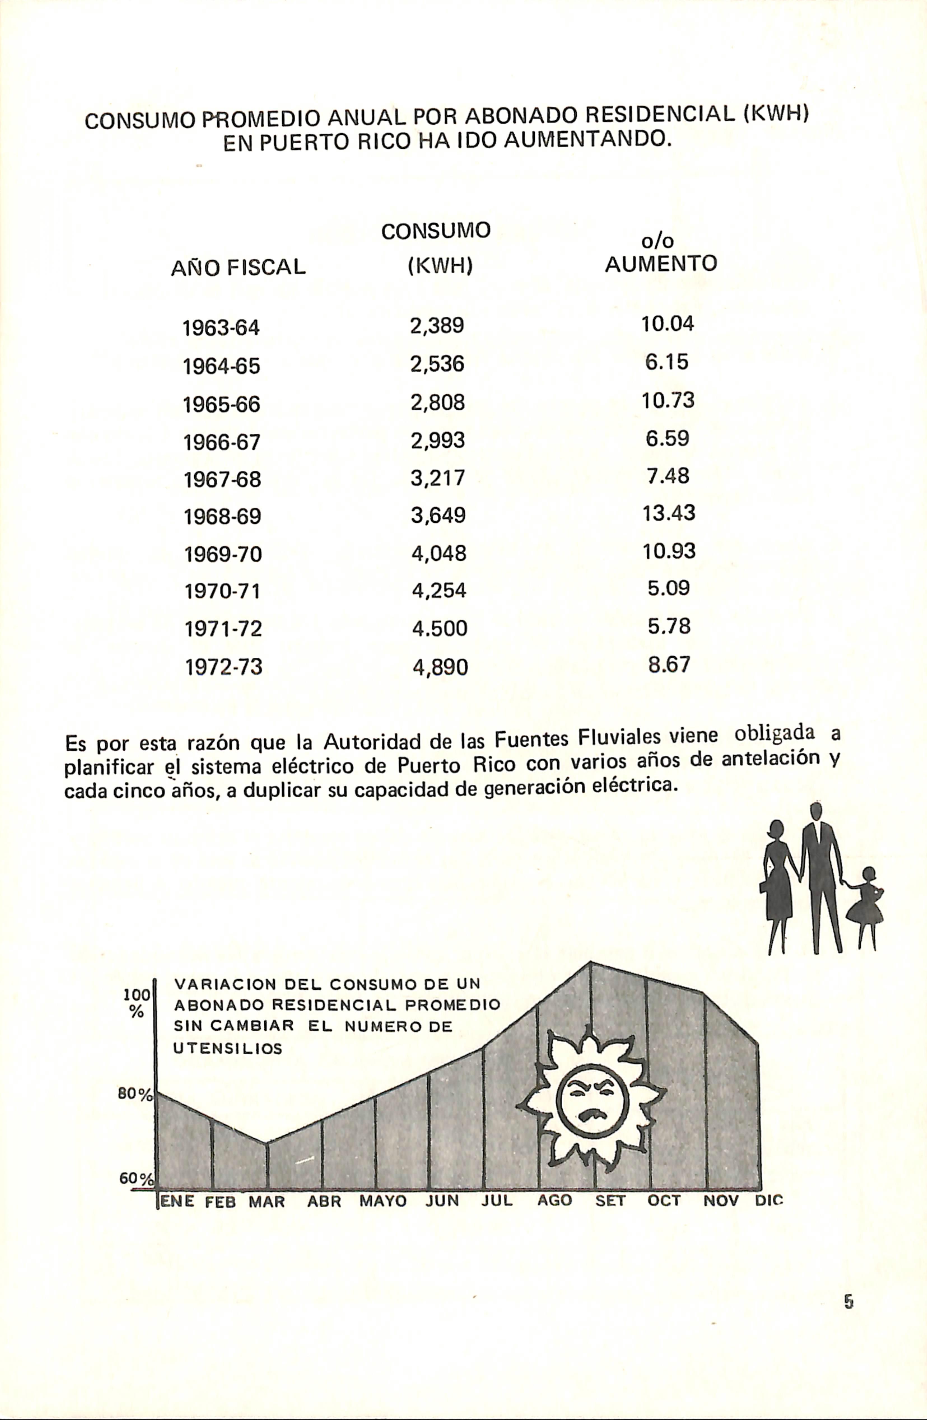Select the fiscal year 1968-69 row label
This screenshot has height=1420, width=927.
click(x=222, y=516)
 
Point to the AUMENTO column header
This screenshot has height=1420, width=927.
click(x=661, y=264)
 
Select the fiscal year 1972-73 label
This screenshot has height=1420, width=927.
click(x=223, y=666)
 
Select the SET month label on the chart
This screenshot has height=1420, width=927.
click(x=610, y=1201)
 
